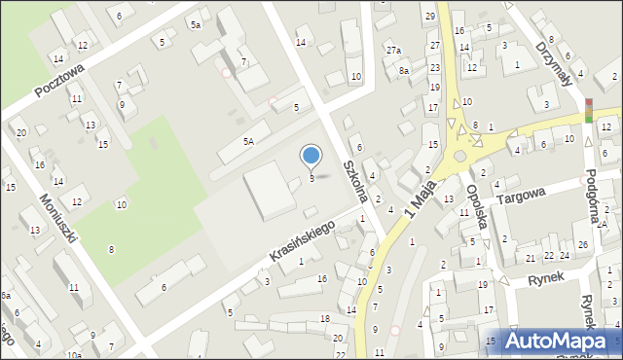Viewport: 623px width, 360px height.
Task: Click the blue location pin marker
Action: pos(311,156)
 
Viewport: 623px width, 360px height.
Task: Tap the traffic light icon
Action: pos(588,110)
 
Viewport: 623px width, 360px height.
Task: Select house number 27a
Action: pos(392,51)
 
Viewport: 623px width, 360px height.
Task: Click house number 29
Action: pos(429,17)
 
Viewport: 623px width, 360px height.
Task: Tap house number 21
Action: pos(531,257)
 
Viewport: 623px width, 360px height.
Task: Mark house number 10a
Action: pos(74,355)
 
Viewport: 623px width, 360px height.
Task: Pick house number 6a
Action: pos(5,295)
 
